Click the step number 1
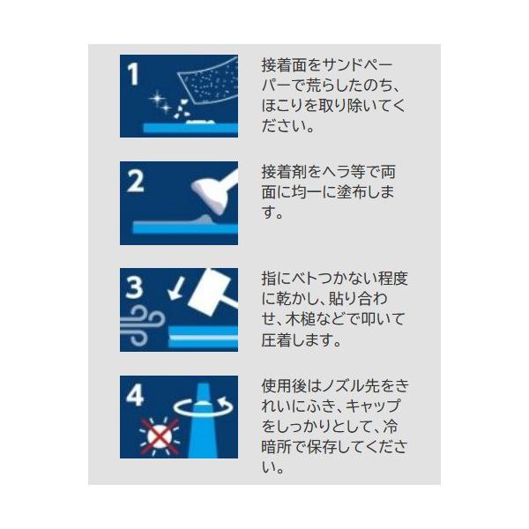tap(133, 75)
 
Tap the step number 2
tap(135, 182)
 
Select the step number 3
tap(134, 287)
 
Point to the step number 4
tap(135, 395)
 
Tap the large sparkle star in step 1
tap(157, 99)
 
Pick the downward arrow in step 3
tap(176, 289)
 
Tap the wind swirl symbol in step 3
tap(142, 324)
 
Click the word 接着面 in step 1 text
tap(284, 64)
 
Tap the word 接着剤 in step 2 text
tap(284, 172)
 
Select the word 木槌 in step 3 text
tap(300, 319)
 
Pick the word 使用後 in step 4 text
tap(284, 386)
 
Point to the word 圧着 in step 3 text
tap(276, 339)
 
